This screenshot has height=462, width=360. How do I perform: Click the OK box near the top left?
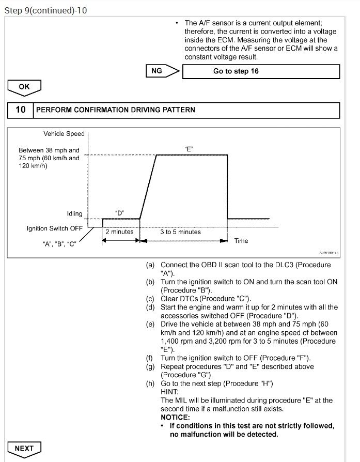coord(24,87)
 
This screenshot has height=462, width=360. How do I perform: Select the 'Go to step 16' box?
coord(261,71)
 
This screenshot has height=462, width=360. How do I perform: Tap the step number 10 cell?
coord(20,110)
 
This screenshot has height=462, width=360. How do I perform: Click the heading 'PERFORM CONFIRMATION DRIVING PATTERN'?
coord(115,110)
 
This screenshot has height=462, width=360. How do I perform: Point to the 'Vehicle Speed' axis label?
coord(64,134)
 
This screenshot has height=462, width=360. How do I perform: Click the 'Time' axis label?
coord(241,241)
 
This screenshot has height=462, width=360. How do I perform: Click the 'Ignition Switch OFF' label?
coord(54,228)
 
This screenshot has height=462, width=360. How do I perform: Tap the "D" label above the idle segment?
coord(120,213)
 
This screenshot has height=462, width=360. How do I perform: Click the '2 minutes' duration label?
coord(119,232)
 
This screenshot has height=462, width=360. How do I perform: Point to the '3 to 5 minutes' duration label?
coord(180,232)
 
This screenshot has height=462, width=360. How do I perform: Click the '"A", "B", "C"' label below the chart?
coord(59,244)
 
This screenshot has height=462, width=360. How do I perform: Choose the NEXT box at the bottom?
coord(24,448)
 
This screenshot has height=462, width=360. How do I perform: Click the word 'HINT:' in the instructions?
coord(169,392)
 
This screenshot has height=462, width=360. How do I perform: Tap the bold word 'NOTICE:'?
coord(176,417)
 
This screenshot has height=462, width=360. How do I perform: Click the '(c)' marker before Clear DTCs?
coord(150,299)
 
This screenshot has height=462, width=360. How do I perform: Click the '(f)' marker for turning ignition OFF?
coord(150,358)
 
